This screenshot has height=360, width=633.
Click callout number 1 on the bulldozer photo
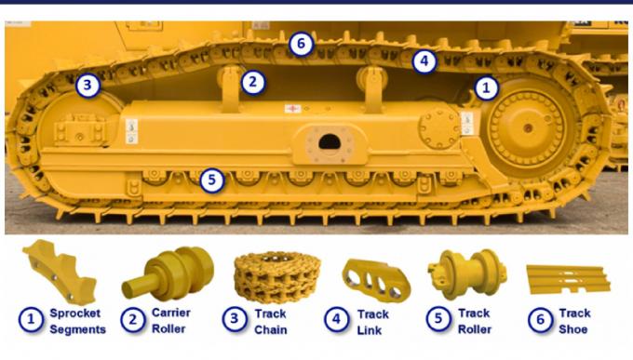(x=486, y=88)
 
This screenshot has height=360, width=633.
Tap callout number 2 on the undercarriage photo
(x=252, y=82)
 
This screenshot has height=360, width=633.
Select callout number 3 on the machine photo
(x=87, y=86)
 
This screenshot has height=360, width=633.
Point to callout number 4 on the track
(x=424, y=62)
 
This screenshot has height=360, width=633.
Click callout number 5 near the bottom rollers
(x=212, y=180)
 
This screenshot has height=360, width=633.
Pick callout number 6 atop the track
(x=300, y=43)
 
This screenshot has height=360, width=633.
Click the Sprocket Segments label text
(x=76, y=321)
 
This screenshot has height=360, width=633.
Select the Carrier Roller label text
(x=171, y=321)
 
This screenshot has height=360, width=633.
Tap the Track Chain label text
(x=272, y=321)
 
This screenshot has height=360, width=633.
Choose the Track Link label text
(x=372, y=321)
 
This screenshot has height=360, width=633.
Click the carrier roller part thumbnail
(x=168, y=272)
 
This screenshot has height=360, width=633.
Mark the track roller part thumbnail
(x=466, y=273)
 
